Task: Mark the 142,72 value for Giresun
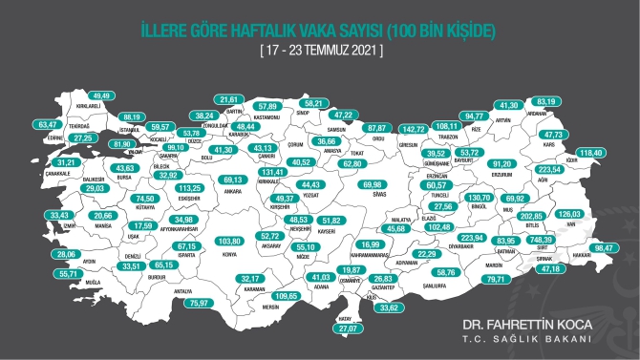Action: point(413,128)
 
